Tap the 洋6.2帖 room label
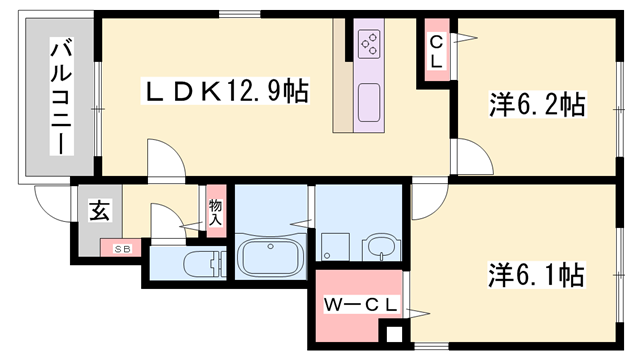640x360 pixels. (537, 104)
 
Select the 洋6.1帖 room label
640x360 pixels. (537, 273)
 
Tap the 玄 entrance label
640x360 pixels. (100, 211)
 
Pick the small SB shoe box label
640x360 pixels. (122, 249)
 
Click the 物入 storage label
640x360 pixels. (216, 211)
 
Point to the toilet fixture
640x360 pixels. (199, 264)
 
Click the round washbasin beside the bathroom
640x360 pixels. (380, 245)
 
